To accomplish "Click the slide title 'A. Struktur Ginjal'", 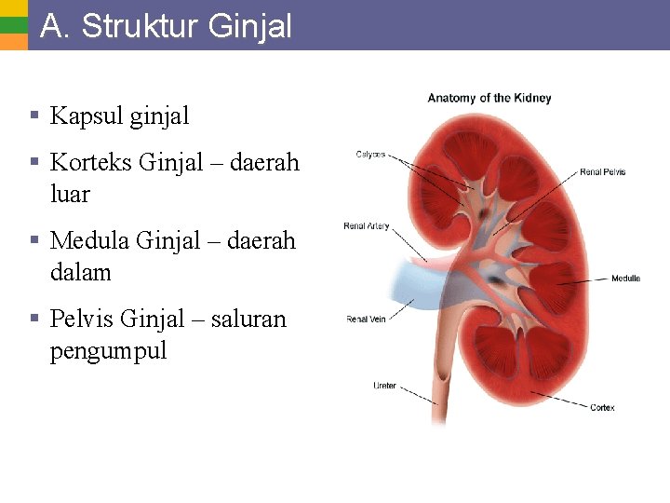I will [166, 26].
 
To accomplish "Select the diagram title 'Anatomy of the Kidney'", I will [489, 98].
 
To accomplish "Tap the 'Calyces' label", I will [370, 155].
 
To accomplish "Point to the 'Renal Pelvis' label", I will [602, 171].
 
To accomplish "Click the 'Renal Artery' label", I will [366, 226].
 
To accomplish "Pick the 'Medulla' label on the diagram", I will [625, 279].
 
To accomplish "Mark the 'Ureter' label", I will [384, 386].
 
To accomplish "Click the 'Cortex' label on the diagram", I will [602, 407].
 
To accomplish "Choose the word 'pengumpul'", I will [108, 351].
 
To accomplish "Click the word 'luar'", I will [70, 195].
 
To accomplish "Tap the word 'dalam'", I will [80, 273].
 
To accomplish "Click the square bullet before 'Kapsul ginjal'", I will [33, 116].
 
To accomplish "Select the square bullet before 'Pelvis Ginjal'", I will [33, 319].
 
